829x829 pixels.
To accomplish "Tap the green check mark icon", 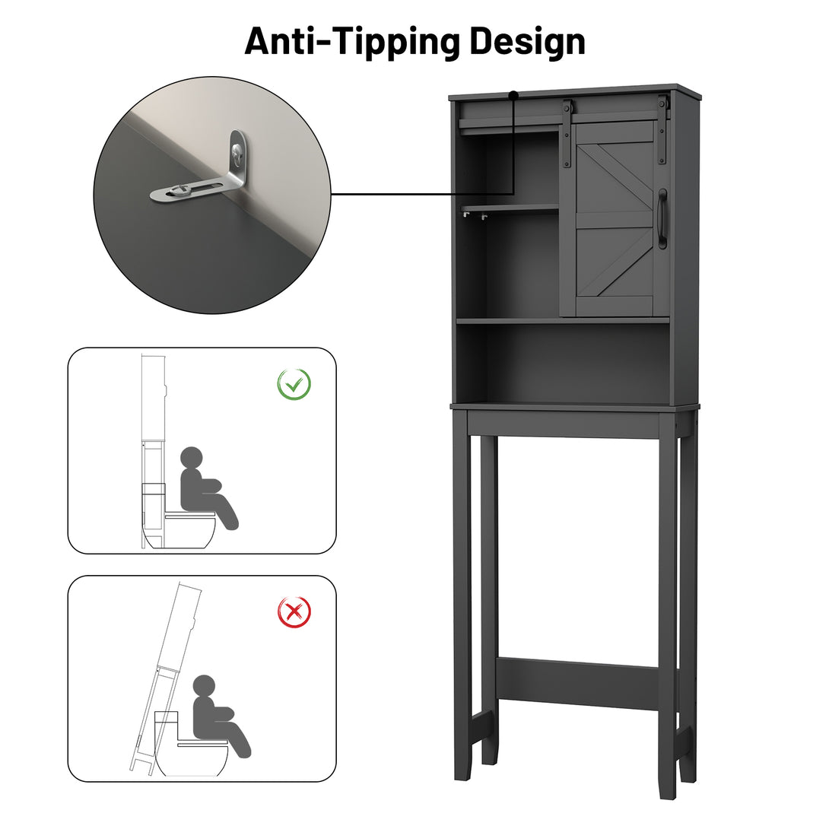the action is [294, 384].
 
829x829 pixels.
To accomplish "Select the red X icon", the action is [294, 611].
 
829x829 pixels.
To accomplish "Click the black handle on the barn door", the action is [662, 218].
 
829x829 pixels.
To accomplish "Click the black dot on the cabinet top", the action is [513, 95].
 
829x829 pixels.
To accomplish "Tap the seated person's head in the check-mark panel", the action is [192, 458].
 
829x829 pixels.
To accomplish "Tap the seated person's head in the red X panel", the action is [204, 686].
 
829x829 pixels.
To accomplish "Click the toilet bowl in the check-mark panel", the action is [183, 532].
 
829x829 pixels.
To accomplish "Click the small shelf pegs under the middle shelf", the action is [475, 215].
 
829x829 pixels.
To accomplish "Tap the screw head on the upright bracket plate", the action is [237, 153].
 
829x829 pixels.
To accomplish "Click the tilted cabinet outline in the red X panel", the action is [164, 678].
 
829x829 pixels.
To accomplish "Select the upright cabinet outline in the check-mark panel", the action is [154, 451].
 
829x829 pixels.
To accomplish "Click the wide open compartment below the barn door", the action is [564, 363].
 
